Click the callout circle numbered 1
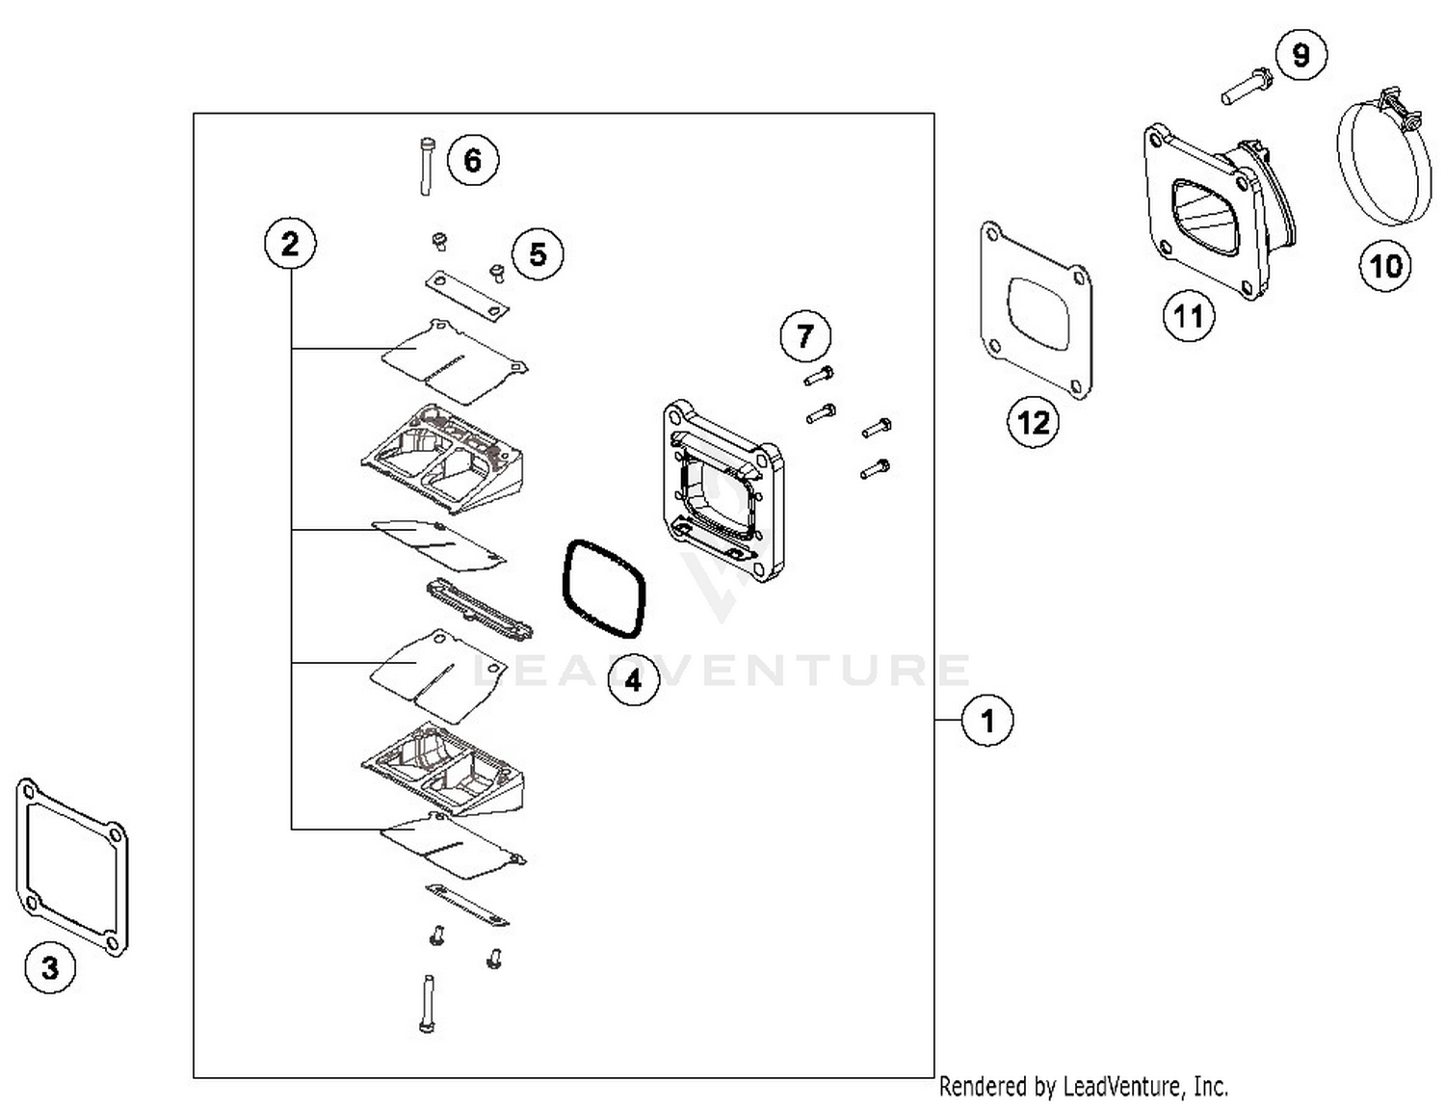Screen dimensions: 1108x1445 click(987, 720)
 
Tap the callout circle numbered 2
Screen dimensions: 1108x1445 click(290, 244)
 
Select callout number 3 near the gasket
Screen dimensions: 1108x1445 click(50, 967)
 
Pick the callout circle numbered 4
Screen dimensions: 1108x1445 click(633, 680)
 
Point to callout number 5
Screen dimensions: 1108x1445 click(538, 254)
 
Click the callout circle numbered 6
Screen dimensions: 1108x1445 click(472, 159)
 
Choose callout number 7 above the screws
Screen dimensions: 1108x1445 click(805, 336)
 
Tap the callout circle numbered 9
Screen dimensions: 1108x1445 click(1300, 55)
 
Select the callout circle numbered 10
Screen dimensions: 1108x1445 click(1385, 265)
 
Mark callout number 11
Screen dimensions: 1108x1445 click(1188, 315)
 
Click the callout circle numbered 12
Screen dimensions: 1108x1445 click(1034, 422)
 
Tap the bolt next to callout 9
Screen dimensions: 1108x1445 click(1247, 86)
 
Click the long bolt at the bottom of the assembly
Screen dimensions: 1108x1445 click(428, 1004)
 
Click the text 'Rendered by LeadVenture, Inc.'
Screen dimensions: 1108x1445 click(1083, 1087)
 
